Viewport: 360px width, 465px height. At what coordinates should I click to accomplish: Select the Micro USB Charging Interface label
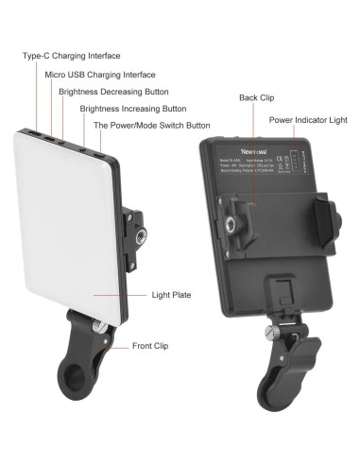click(x=99, y=74)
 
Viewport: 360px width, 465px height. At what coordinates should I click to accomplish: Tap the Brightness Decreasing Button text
click(x=113, y=92)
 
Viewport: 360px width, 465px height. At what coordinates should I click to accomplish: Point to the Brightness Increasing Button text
click(x=132, y=110)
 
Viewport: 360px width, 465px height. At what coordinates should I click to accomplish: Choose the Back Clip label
click(x=256, y=97)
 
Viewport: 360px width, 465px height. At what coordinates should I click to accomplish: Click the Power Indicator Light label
click(x=307, y=121)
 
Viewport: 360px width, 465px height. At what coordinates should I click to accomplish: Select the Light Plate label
click(x=171, y=295)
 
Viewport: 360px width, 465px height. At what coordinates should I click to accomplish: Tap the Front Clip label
click(x=151, y=346)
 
